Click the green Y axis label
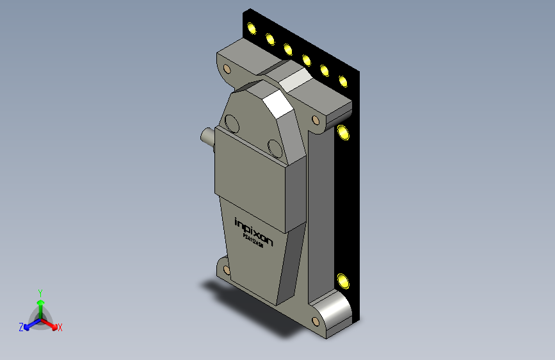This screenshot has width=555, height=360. tap(40, 291)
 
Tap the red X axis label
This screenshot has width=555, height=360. tap(60, 327)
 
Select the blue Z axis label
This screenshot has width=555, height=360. tap(21, 327)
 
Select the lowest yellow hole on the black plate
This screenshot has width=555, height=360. tap(344, 280)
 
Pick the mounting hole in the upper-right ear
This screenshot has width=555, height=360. tap(316, 120)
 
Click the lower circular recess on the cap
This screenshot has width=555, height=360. tap(275, 147)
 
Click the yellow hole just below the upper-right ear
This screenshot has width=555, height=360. tap(344, 133)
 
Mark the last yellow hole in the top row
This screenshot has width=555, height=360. tap(343, 81)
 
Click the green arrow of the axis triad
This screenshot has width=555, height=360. tap(40, 305)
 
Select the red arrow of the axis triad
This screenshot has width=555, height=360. tap(51, 323)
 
